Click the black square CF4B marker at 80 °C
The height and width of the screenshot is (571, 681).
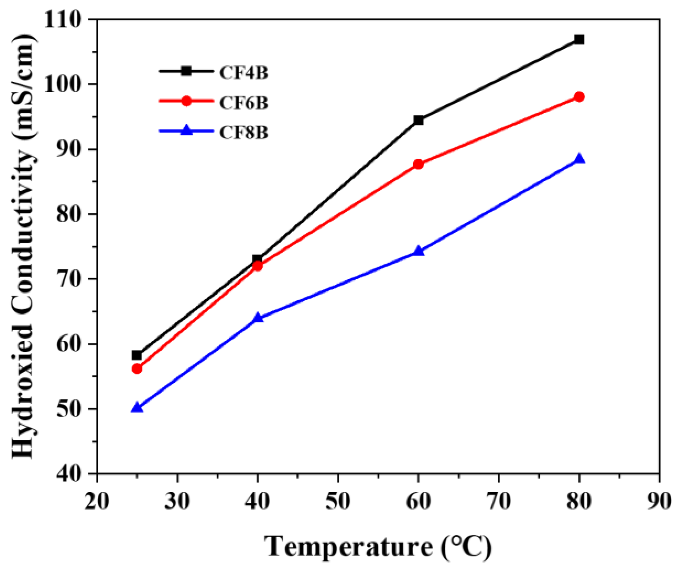pos(579,39)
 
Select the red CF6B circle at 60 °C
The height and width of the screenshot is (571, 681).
pos(418,164)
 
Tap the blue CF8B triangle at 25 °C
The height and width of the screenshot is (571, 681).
pos(137,408)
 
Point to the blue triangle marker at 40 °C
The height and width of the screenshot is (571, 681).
pos(257,318)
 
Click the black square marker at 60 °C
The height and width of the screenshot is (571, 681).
pos(418,120)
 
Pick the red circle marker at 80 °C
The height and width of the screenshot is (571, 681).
pos(579,97)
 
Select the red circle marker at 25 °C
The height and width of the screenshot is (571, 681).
pos(137,368)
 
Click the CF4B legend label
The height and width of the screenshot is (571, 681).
pos(244,72)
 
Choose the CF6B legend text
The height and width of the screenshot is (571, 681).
pos(244,102)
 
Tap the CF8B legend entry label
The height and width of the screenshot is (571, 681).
pos(244,132)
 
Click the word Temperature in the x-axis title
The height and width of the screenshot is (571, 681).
pos(348,547)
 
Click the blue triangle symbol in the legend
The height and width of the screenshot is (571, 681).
pos(187,130)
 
